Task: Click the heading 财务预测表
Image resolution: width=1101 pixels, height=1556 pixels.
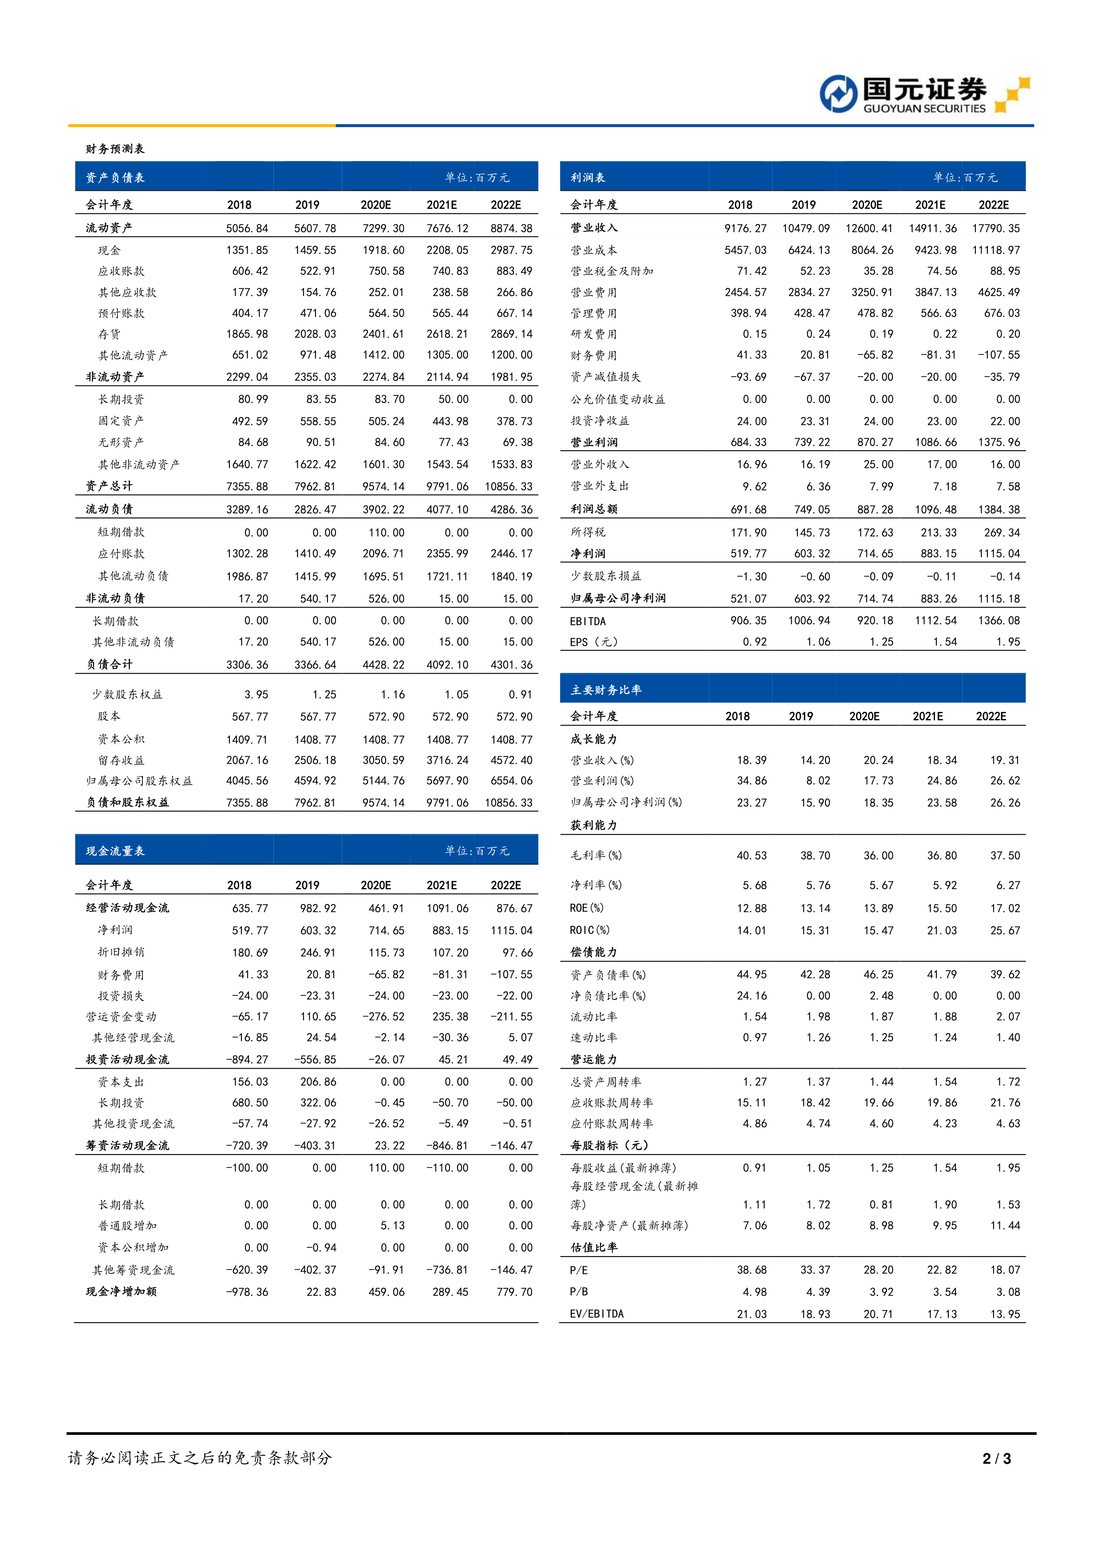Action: coord(114,149)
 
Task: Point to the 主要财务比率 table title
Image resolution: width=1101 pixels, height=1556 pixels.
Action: coord(605,690)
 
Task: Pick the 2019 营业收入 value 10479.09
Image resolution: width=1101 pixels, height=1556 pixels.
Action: coord(805,228)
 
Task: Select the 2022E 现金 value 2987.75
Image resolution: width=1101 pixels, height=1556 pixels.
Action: coord(511,250)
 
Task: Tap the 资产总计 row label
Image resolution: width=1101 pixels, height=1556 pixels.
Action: coord(109,486)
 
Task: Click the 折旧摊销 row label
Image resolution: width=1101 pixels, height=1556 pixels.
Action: coord(121,952)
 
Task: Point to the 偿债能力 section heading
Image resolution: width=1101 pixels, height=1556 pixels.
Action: coord(593,952)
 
